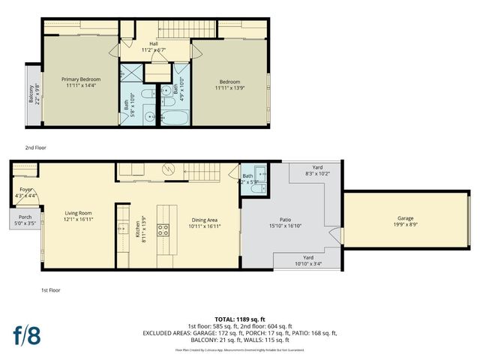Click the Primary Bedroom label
tap(81, 79)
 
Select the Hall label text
tap(153, 44)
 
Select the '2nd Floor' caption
tap(35, 148)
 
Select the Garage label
tap(404, 219)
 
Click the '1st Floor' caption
tap(51, 289)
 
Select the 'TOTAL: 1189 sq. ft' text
tap(239, 319)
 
